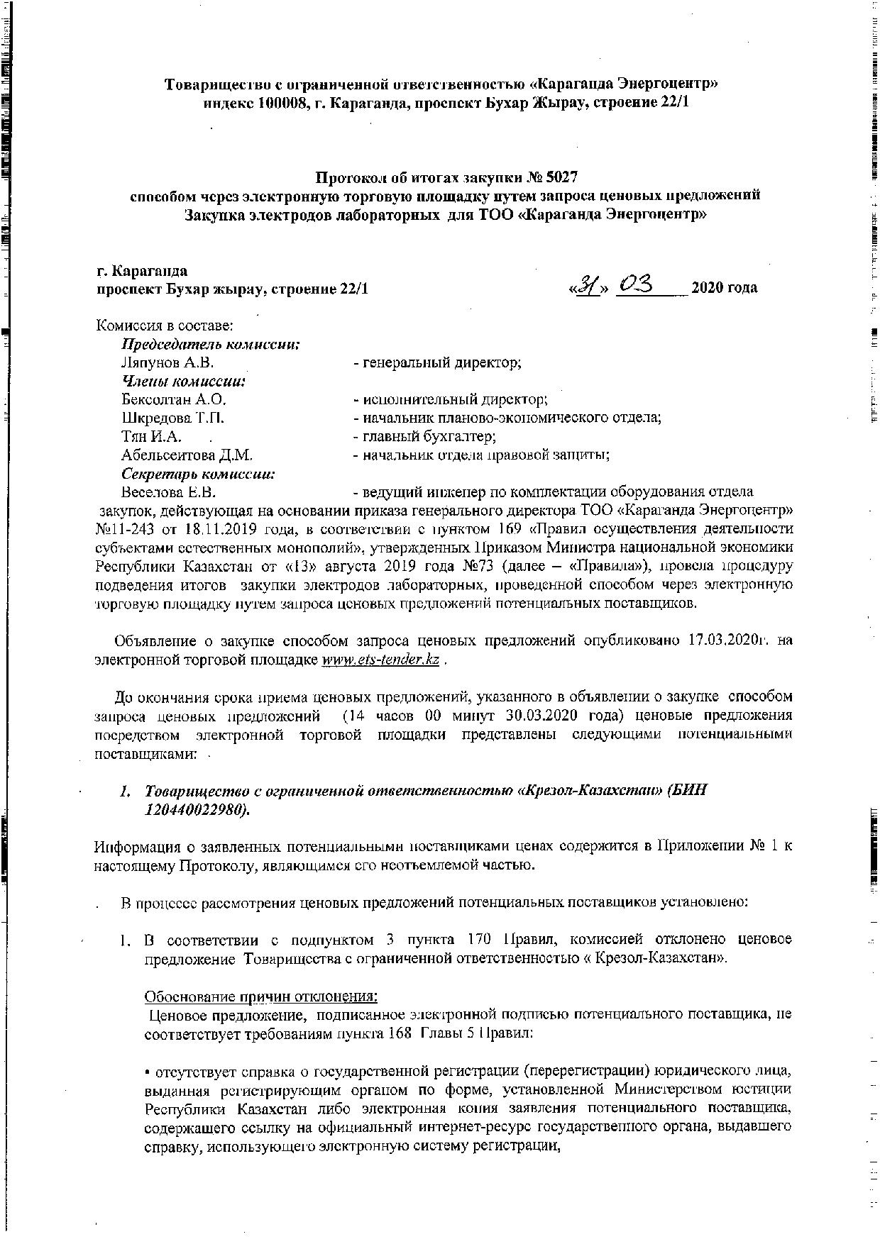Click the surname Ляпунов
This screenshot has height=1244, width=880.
point(153,363)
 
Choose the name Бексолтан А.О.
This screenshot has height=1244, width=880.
point(174,400)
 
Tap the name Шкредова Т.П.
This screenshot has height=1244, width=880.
point(174,418)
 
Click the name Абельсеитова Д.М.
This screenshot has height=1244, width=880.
point(187,455)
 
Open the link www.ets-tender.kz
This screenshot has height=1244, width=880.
point(380,660)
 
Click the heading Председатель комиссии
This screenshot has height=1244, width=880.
point(210,345)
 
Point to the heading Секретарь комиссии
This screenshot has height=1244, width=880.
point(198,474)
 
